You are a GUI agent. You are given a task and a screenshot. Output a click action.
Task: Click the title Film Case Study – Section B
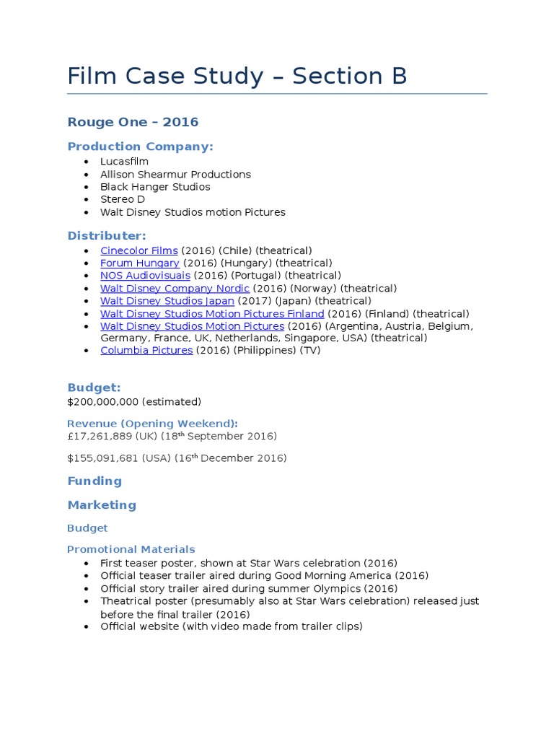pyautogui.click(x=237, y=76)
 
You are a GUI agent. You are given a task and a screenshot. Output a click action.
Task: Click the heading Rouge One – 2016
pyautogui.click(x=133, y=122)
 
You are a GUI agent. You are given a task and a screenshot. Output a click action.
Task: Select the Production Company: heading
pyautogui.click(x=140, y=147)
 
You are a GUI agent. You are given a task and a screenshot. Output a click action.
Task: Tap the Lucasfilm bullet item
pyautogui.click(x=124, y=162)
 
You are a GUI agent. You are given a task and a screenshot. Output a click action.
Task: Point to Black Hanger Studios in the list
pyautogui.click(x=155, y=187)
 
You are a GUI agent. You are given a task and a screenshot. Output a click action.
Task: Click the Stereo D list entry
pyautogui.click(x=122, y=199)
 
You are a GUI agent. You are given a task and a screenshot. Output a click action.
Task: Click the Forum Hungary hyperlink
pyautogui.click(x=139, y=263)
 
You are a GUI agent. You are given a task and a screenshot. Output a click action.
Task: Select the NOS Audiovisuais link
pyautogui.click(x=145, y=276)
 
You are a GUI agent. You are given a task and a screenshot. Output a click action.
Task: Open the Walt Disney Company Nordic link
pyautogui.click(x=175, y=289)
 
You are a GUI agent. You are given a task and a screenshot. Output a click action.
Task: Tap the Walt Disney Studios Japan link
pyautogui.click(x=167, y=301)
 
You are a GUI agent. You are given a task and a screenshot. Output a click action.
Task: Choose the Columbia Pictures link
pyautogui.click(x=146, y=351)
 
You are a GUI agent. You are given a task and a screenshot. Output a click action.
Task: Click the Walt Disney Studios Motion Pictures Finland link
pyautogui.click(x=212, y=314)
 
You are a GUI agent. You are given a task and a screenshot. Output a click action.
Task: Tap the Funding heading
pyautogui.click(x=94, y=481)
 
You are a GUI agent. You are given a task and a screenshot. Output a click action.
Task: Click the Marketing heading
pyautogui.click(x=102, y=505)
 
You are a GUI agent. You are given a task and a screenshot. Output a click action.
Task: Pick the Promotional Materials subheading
pyautogui.click(x=131, y=549)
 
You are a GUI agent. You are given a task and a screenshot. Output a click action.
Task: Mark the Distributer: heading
pyautogui.click(x=107, y=236)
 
